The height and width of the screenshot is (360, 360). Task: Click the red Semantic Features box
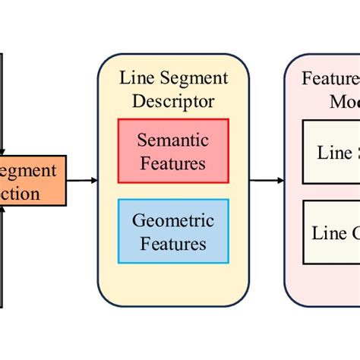point(172,150)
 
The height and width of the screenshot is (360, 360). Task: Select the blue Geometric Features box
point(172,232)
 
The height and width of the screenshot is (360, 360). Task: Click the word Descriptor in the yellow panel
point(172,101)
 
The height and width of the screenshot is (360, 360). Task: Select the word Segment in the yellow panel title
point(194,78)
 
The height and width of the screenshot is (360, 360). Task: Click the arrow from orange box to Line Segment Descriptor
point(82,180)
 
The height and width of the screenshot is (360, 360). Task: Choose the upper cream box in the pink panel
point(331,151)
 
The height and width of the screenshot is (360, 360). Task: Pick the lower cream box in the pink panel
point(331,232)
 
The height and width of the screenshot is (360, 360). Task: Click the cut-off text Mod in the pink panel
point(344,101)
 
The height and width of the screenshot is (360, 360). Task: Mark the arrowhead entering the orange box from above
point(4,152)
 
